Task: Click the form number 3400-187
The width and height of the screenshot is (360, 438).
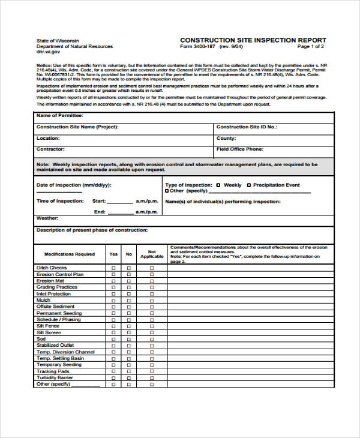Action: click(x=199, y=46)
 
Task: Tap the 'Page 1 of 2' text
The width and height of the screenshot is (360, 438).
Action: click(x=311, y=46)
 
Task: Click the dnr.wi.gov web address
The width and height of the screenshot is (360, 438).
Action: click(x=48, y=52)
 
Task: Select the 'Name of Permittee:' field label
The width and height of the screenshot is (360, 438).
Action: click(x=60, y=115)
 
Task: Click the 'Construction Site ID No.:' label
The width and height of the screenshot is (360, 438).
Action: click(x=246, y=127)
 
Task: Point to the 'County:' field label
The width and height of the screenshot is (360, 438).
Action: click(x=226, y=138)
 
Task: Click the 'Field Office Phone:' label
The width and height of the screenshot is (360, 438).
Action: click(x=239, y=149)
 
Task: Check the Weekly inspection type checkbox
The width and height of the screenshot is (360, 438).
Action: click(x=218, y=185)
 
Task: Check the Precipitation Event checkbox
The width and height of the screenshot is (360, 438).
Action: click(x=249, y=185)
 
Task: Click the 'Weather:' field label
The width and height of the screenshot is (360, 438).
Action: click(x=47, y=218)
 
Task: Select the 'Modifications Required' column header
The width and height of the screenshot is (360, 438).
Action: click(x=70, y=254)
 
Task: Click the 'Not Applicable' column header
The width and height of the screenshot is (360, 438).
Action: click(x=152, y=254)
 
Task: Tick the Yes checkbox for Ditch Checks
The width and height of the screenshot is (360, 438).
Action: click(x=113, y=268)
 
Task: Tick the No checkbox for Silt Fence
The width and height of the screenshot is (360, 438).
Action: click(x=128, y=326)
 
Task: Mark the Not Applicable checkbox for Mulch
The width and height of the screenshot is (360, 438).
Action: click(x=152, y=300)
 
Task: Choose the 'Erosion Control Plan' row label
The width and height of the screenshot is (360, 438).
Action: click(x=60, y=274)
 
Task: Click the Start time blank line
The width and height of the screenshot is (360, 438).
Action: click(x=121, y=202)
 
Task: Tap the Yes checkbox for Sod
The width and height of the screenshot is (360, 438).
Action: click(x=113, y=339)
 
